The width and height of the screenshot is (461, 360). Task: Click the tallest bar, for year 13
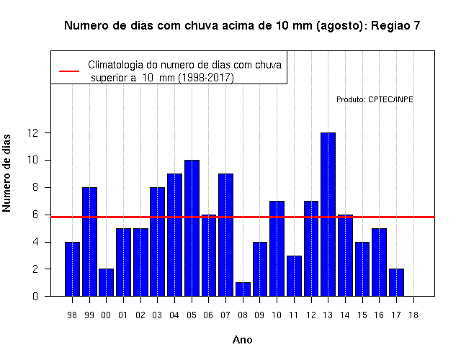[328, 215]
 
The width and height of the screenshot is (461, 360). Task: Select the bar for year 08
[243, 289]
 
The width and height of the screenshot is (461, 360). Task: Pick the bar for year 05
[192, 228]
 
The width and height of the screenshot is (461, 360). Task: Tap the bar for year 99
[89, 242]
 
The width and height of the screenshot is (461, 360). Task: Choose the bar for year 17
[396, 282]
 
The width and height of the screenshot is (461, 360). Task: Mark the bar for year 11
[294, 276]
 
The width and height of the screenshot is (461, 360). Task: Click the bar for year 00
[106, 282]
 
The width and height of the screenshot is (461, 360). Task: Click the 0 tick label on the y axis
[35, 296]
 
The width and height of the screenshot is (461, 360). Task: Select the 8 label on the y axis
[35, 187]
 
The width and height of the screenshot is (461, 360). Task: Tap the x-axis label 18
[413, 315]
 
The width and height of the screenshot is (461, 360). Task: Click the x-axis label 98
[72, 315]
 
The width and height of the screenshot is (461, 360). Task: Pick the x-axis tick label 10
[277, 315]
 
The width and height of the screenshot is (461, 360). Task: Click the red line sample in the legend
[69, 71]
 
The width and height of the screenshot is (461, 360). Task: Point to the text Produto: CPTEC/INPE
[375, 99]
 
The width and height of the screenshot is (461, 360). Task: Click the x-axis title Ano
[242, 340]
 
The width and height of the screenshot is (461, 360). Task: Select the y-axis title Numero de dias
[6, 174]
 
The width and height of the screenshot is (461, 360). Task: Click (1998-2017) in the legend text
[206, 78]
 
